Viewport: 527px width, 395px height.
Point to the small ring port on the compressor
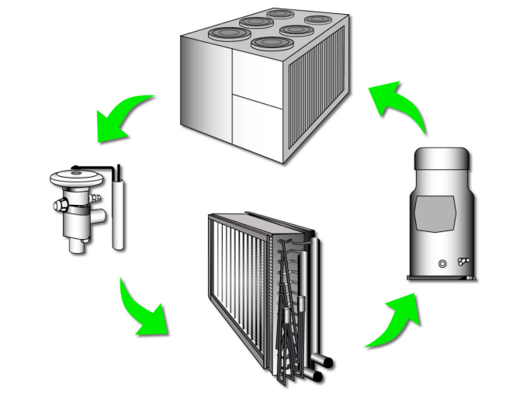(x=443, y=264)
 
